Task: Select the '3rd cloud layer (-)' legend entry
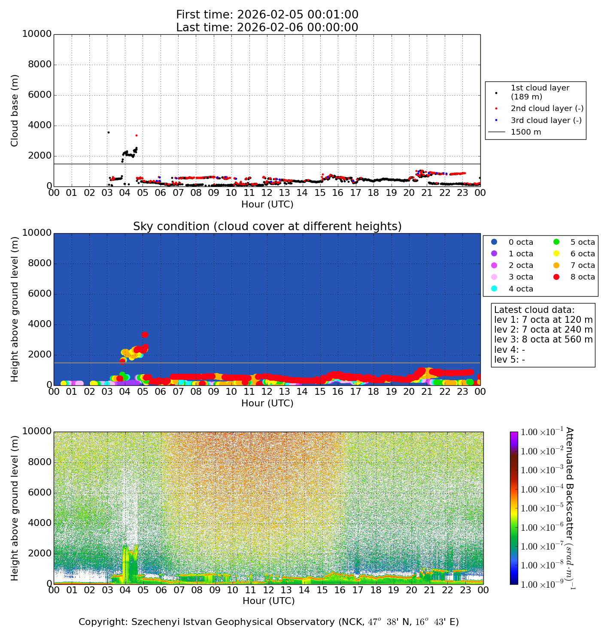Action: (x=546, y=120)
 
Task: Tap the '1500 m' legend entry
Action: (x=526, y=132)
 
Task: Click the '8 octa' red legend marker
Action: (x=556, y=277)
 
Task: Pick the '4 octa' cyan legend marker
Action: (x=494, y=288)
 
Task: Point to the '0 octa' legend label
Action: (x=521, y=242)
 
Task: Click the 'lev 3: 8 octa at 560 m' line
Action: (x=543, y=340)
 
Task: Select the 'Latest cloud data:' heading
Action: (x=534, y=310)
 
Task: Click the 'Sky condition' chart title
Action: (x=267, y=226)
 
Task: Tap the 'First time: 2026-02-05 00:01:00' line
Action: (x=267, y=15)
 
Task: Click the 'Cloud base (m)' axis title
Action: (x=15, y=111)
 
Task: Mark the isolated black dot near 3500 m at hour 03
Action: (x=109, y=132)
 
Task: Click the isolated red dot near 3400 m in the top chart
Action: (x=137, y=135)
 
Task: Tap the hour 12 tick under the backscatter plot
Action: (x=269, y=590)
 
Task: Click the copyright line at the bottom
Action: (x=269, y=622)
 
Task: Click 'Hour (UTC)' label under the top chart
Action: (x=267, y=204)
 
